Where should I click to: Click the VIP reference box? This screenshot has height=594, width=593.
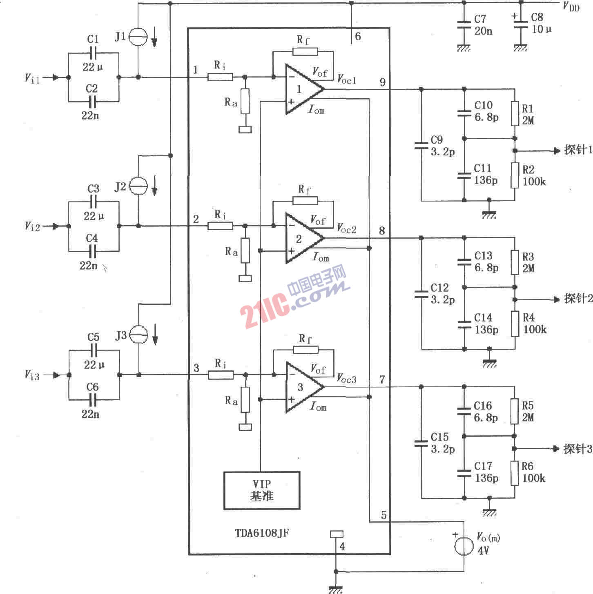(x=261, y=490)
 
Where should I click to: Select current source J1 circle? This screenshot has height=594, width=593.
(x=138, y=37)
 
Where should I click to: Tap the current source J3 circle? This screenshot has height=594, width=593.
(x=138, y=335)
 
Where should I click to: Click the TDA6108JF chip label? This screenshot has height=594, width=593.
(x=262, y=533)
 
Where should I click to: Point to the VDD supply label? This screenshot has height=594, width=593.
(x=571, y=7)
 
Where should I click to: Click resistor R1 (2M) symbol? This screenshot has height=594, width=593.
(x=515, y=113)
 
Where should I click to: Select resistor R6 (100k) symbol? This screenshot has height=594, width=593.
(x=514, y=473)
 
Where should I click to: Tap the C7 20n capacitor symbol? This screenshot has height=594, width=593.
(x=464, y=24)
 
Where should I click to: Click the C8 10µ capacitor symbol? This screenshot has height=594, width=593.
(x=521, y=24)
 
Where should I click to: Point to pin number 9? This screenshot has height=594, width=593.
(x=383, y=82)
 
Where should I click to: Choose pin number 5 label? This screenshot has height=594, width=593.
(x=384, y=515)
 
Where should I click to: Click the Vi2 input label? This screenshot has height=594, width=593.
(x=32, y=226)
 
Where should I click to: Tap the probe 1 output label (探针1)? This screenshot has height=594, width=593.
(x=578, y=150)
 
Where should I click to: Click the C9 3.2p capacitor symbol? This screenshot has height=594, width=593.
(x=421, y=146)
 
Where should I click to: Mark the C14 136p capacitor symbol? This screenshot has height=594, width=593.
(x=464, y=325)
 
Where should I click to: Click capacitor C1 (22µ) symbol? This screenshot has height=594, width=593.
(x=93, y=53)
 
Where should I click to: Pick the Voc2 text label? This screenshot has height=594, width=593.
(x=346, y=229)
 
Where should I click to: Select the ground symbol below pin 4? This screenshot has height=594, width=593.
(x=336, y=590)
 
